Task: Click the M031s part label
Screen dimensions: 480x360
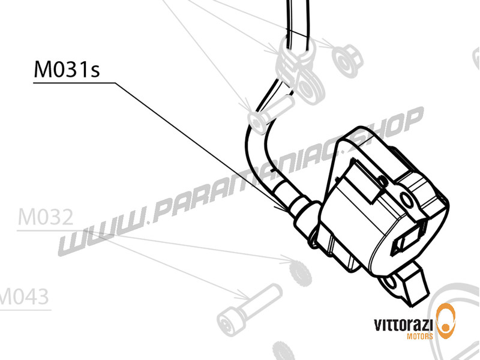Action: click(x=66, y=70)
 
